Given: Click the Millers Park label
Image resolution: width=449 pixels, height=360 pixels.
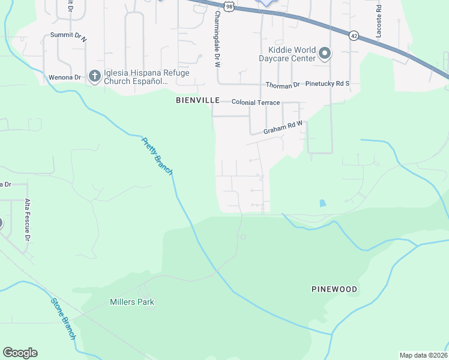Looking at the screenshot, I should (131, 302).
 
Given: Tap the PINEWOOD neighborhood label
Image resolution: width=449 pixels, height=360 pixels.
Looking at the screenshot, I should (334, 289).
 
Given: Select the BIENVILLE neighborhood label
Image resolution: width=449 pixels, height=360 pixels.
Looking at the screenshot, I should (197, 100).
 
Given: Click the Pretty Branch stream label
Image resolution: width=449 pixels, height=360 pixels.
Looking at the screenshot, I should (157, 157).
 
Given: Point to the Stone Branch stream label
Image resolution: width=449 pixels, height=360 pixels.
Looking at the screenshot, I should (62, 319).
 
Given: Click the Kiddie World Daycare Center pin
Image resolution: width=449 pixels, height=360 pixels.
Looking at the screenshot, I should (324, 54).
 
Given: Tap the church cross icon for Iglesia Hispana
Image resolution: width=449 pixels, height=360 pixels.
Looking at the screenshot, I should (94, 76).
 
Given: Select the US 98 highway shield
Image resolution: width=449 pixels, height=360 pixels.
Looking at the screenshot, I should (228, 5).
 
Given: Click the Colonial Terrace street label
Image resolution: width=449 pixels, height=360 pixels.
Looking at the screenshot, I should (256, 103).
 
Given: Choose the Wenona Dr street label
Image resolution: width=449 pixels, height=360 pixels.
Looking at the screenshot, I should (65, 77).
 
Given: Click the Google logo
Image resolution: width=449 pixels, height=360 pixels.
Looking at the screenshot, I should (20, 353).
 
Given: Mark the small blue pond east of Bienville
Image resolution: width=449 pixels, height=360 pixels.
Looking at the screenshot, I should (323, 203).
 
